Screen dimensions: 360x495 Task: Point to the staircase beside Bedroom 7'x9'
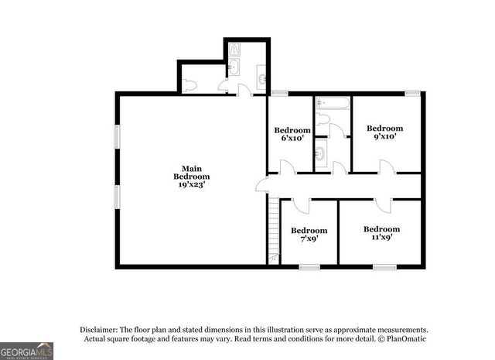[x=272, y=228]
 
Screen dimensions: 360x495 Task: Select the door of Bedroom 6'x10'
[x=285, y=167]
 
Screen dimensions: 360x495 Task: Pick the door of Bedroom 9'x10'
[x=384, y=166]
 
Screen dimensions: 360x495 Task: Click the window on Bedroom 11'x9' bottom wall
[x=383, y=267]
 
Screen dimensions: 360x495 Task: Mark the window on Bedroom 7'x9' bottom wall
[x=309, y=267]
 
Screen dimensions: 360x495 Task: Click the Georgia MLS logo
[x=26, y=350]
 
